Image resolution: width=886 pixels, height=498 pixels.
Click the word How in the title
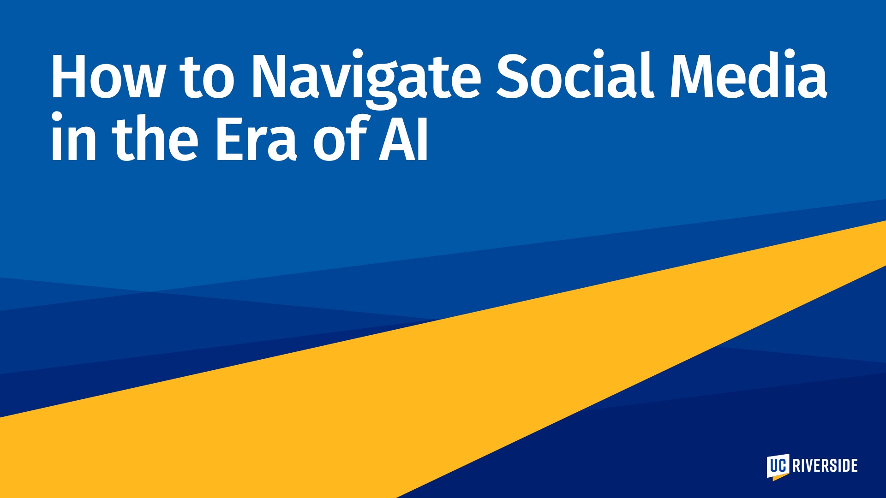[107, 76]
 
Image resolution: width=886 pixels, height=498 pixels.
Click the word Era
[255, 138]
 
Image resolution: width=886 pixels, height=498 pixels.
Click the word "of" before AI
[341, 136]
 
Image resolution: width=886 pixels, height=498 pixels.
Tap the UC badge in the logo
[778, 466]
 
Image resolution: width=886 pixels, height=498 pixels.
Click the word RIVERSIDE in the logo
[825, 466]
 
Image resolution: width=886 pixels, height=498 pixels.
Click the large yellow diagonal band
[443, 369]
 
